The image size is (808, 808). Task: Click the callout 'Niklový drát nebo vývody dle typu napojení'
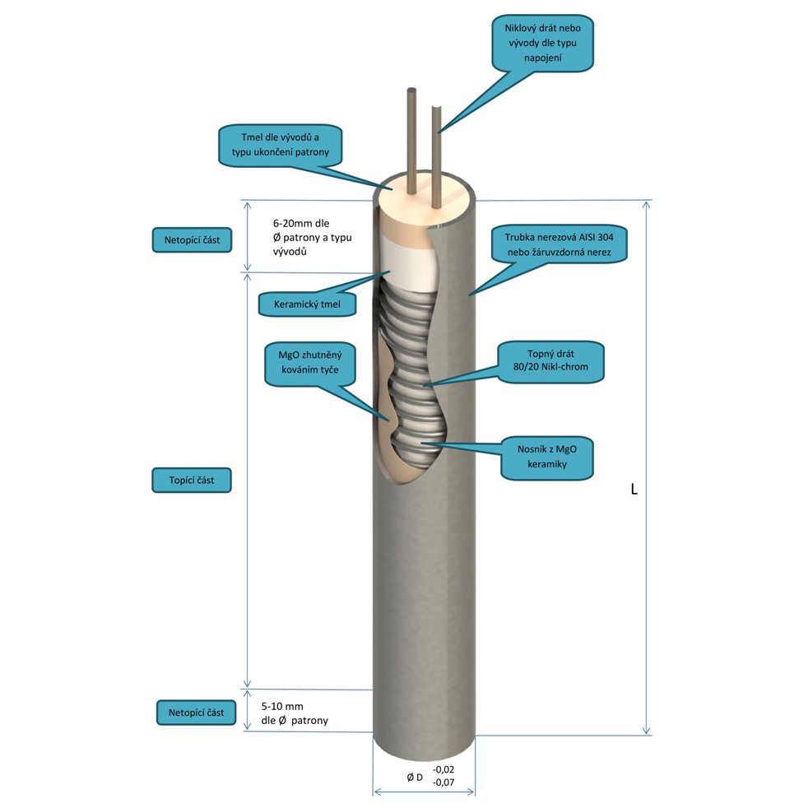pyautogui.click(x=542, y=44)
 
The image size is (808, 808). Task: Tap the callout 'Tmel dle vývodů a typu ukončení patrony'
pyautogui.click(x=281, y=146)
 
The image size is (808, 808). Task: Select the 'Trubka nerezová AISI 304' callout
pyautogui.click(x=560, y=244)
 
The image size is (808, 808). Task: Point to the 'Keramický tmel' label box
pyautogui.click(x=307, y=304)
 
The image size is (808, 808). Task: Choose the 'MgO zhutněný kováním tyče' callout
pyautogui.click(x=310, y=363)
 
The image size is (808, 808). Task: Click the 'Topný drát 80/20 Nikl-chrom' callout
pyautogui.click(x=550, y=360)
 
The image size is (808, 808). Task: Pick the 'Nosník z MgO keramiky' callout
pyautogui.click(x=546, y=457)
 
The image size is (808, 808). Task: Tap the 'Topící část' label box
pyautogui.click(x=192, y=481)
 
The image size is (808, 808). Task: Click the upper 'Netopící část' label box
pyautogui.click(x=193, y=240)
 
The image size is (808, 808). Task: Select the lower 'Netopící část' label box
pyautogui.click(x=197, y=713)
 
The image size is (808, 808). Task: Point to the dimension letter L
pyautogui.click(x=634, y=489)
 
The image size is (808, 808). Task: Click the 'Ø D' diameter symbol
pyautogui.click(x=415, y=777)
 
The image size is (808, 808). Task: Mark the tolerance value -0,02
pyautogui.click(x=443, y=769)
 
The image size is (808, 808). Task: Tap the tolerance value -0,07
pyautogui.click(x=443, y=782)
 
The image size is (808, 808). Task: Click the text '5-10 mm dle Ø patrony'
pyautogui.click(x=295, y=713)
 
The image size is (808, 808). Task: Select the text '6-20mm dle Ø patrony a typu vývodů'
pyautogui.click(x=313, y=237)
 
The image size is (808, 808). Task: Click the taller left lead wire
pyautogui.click(x=411, y=142)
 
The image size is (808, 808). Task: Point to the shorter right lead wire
pyautogui.click(x=436, y=157)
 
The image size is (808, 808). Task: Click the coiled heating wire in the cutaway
pyautogui.click(x=410, y=371)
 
